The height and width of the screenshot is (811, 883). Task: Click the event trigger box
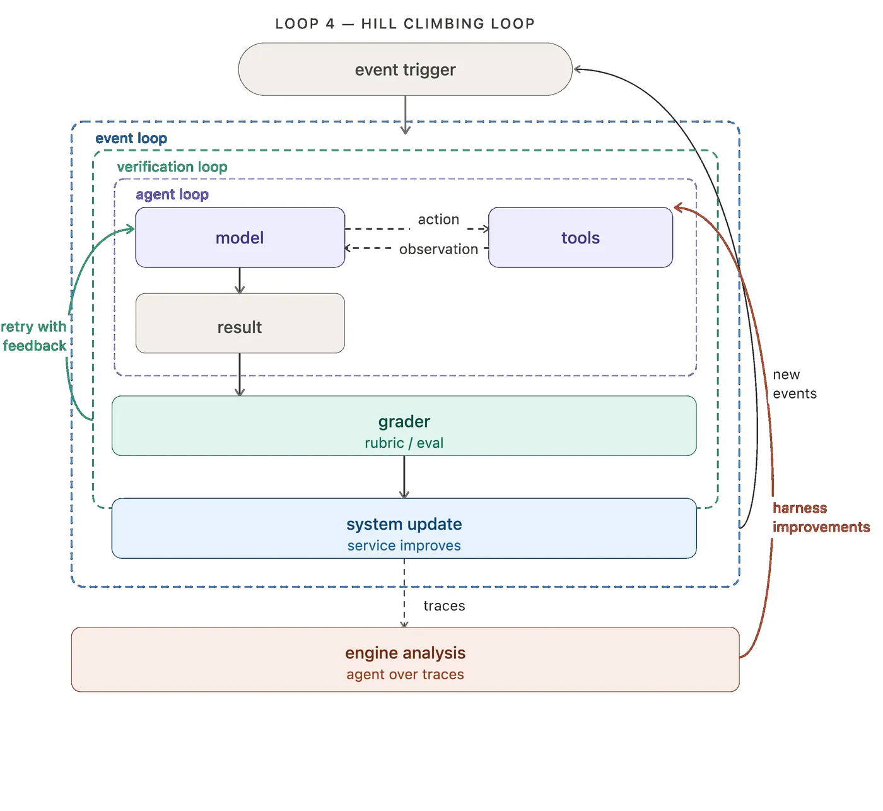[x=405, y=69]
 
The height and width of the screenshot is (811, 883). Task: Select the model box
[x=240, y=237]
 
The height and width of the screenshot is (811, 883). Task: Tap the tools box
[x=580, y=237]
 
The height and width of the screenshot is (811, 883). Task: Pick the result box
[x=240, y=323]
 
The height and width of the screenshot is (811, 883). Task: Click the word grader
[x=404, y=422]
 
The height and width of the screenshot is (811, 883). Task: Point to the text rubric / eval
[x=404, y=443]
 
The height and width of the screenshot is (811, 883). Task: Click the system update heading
[x=404, y=524]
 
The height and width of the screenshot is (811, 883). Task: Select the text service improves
[x=404, y=545]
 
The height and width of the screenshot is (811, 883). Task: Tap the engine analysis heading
[x=405, y=653]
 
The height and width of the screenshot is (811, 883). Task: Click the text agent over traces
[x=405, y=674]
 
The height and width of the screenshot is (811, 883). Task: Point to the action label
[x=438, y=219]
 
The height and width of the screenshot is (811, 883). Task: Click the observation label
[x=438, y=249]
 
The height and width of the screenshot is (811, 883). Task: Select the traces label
[x=444, y=606]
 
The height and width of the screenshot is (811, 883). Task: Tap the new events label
[x=795, y=384]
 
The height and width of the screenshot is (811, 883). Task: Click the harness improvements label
[x=821, y=517]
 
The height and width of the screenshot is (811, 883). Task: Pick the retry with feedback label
[x=33, y=336]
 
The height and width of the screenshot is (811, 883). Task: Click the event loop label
[x=131, y=138]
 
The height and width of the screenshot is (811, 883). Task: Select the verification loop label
[x=172, y=167]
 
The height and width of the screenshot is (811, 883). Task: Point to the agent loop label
[x=172, y=194]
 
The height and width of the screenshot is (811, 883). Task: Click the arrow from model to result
[x=240, y=281]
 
